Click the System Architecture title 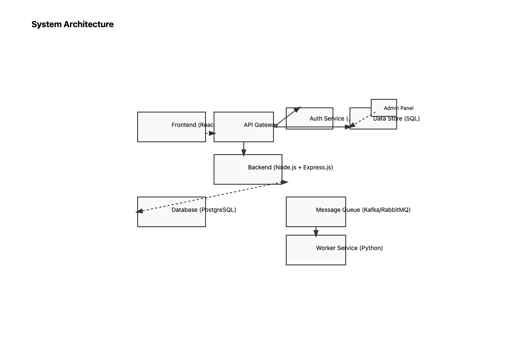click(73, 24)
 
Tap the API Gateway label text click(261, 125)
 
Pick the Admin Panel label click(398, 108)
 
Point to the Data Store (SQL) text click(396, 118)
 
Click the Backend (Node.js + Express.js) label click(290, 167)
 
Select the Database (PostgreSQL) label click(204, 210)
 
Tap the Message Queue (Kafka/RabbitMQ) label click(363, 210)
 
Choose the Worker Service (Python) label click(349, 248)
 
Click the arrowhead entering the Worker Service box click(316, 233)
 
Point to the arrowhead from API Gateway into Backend click(244, 152)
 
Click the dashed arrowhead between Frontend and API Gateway click(212, 133)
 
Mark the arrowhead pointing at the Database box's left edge click(139, 211)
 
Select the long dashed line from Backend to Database click(212, 197)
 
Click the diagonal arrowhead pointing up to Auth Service click(297, 110)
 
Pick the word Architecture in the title click(89, 24)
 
